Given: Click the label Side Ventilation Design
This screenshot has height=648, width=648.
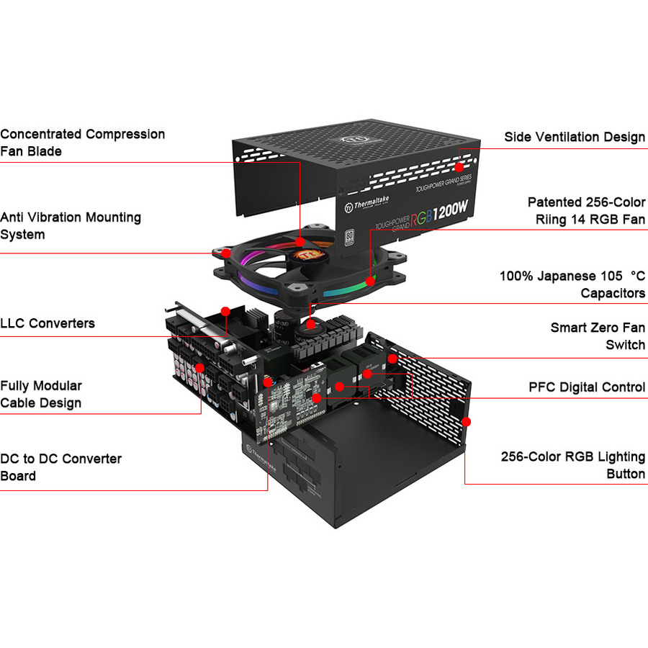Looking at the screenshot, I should click(x=575, y=137).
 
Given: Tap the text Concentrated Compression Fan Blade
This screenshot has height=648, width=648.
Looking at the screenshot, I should click(x=83, y=143).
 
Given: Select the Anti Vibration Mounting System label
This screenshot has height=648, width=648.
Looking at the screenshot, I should click(x=71, y=225).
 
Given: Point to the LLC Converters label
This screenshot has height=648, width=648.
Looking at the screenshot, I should click(x=48, y=323).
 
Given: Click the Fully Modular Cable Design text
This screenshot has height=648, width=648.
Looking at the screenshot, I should click(x=41, y=395).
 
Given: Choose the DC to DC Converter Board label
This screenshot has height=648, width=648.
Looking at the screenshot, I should click(x=61, y=467).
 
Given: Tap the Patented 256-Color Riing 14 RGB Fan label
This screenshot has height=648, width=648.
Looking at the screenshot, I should click(x=586, y=211).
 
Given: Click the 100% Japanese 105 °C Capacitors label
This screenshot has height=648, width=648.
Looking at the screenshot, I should click(x=572, y=284).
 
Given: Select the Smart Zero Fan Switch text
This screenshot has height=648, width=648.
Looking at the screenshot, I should click(x=598, y=336).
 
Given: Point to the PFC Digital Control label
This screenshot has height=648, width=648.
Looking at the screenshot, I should click(x=587, y=387).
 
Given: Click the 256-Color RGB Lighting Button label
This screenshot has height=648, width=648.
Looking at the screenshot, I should click(x=573, y=465).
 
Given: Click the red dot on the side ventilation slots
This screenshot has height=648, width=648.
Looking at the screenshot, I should click(x=459, y=166).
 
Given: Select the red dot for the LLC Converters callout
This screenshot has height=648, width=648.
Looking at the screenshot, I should click(x=225, y=312).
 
